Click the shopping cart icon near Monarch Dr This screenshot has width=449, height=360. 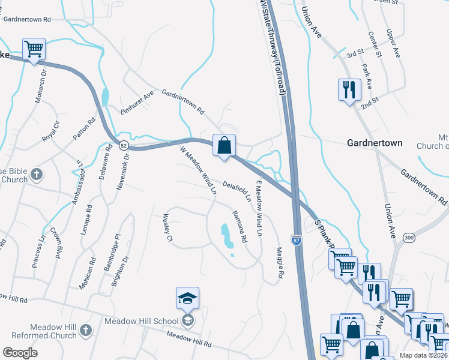click(34, 49)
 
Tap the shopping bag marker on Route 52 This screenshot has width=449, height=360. click(224, 145)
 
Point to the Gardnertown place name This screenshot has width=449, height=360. click(375, 143)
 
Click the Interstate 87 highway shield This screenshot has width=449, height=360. click(297, 239)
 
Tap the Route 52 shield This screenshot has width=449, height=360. click(122, 146)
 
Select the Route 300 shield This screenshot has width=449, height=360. click(409, 238)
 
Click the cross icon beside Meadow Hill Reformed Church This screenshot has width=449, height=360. click(86, 331)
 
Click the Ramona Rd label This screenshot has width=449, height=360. click(240, 226)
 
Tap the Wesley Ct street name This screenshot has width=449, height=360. click(167, 229)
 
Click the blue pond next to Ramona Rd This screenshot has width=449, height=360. click(226, 235)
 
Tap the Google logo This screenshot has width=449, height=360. click(20, 353)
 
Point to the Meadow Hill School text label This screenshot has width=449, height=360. click(141, 321)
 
